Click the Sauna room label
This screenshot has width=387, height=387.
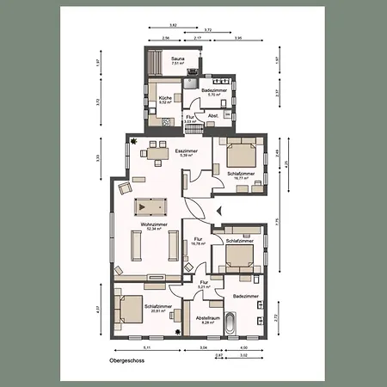(x=177, y=58)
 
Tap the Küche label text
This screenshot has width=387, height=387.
(x=165, y=97)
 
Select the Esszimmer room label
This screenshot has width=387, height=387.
(x=187, y=150)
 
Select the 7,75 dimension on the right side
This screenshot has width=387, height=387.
(x=277, y=222)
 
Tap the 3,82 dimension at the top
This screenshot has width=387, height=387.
(x=174, y=25)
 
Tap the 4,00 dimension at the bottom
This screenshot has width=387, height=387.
(x=244, y=347)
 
